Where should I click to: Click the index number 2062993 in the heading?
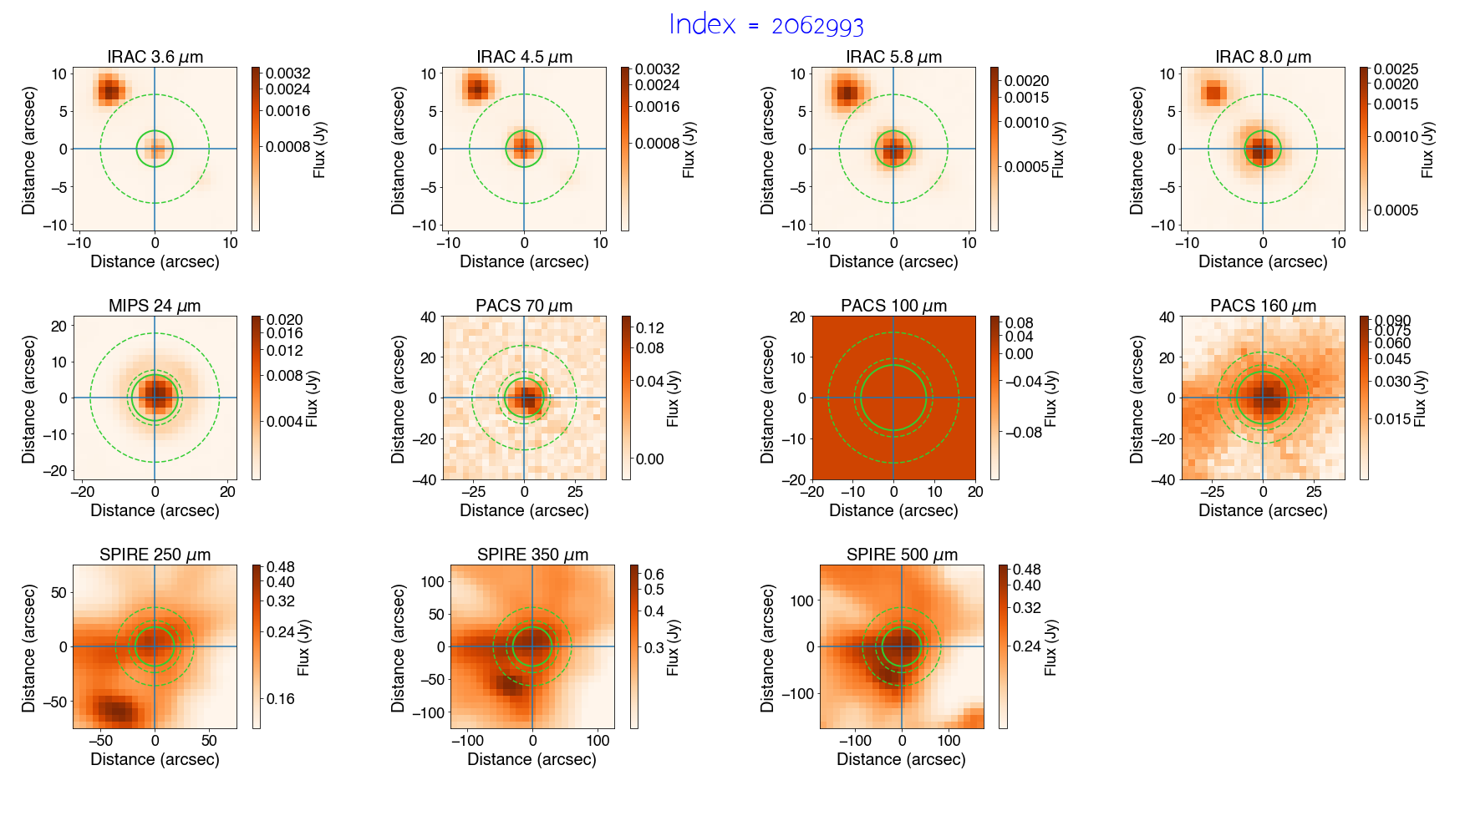816,26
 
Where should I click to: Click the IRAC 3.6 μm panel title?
155,57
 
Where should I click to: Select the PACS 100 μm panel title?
893,306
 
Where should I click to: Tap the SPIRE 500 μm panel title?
902,555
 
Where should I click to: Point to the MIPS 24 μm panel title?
155,306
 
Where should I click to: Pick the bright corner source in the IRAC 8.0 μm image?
1214,92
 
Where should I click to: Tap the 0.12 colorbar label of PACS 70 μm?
650,328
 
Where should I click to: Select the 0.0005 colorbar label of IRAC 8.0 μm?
1396,210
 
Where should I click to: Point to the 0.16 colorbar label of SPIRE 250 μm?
280,699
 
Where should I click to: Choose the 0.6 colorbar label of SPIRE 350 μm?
654,575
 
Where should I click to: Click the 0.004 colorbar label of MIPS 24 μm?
284,422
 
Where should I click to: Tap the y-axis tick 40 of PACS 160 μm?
1167,317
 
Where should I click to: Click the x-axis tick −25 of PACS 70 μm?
473,492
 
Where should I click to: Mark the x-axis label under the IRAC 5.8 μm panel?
893,261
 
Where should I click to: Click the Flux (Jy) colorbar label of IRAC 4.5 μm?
689,150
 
